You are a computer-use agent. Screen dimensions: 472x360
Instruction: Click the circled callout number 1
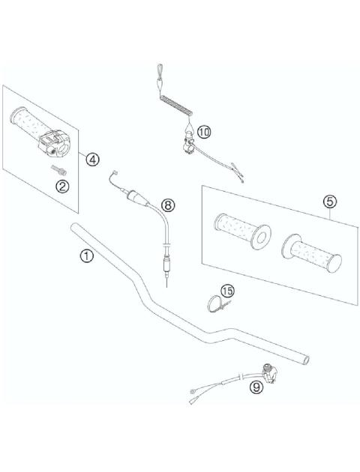(87, 256)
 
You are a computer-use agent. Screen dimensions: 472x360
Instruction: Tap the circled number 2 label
(64, 186)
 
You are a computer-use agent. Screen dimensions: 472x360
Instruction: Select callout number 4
(92, 158)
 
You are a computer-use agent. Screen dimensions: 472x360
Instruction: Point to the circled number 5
(328, 201)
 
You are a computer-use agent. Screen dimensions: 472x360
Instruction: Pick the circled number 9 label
(256, 387)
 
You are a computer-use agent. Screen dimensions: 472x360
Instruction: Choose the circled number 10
(205, 130)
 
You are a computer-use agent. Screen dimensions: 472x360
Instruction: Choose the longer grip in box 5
(311, 252)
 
